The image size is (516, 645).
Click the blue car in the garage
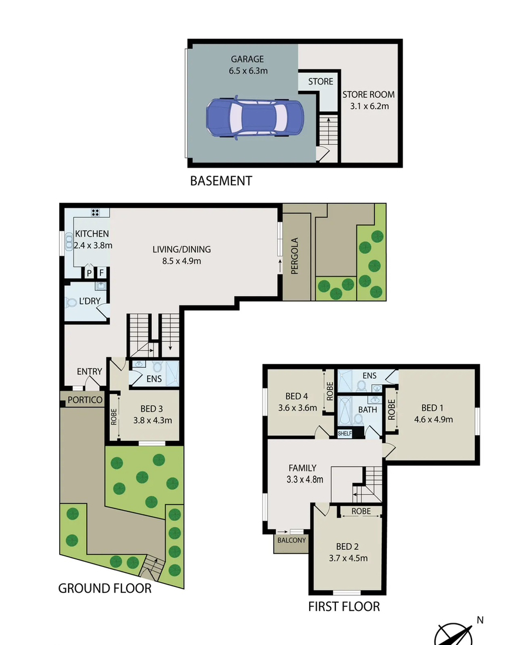click(254, 118)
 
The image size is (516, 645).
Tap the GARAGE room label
click(247, 59)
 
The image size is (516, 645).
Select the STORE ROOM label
click(369, 94)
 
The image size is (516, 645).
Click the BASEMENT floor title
click(221, 181)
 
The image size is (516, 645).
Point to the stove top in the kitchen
click(96, 213)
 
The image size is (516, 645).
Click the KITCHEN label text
click(91, 233)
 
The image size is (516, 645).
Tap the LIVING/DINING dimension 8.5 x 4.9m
click(181, 261)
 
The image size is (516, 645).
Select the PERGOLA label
click(294, 256)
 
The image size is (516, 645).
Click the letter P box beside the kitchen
click(89, 273)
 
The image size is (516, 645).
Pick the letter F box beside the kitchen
click(101, 273)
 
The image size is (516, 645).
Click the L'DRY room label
click(90, 301)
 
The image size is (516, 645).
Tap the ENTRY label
click(89, 371)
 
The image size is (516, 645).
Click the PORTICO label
click(85, 400)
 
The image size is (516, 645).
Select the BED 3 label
click(151, 409)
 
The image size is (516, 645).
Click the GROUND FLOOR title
click(105, 589)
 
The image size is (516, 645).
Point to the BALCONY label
click(292, 540)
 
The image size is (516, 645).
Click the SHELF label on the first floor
click(345, 433)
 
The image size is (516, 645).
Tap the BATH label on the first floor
click(368, 410)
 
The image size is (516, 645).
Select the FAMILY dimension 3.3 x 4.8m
click(305, 480)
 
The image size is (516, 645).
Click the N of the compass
click(480, 620)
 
